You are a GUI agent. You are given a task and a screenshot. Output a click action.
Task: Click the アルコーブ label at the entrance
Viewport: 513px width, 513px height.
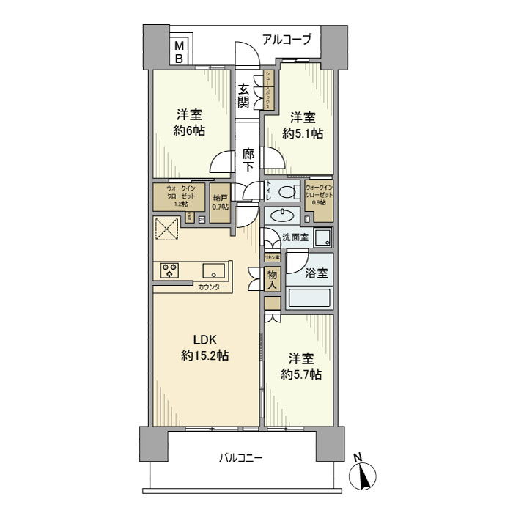(x=287, y=39)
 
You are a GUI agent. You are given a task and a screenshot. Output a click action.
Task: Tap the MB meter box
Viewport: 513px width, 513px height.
(x=179, y=51)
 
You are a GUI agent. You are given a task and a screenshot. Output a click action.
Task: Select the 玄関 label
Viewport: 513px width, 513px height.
(x=243, y=95)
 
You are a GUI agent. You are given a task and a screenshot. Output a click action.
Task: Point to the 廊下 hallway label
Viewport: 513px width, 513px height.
(x=248, y=160)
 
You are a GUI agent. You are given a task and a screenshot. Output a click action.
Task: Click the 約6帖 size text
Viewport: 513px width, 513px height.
(x=189, y=131)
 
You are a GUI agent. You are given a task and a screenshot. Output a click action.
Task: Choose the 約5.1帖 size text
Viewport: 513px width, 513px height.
(x=303, y=133)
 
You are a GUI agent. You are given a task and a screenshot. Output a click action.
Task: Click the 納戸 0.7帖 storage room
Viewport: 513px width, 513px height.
(x=220, y=202)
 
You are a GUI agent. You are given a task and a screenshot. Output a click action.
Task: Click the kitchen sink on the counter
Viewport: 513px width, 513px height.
(x=213, y=269)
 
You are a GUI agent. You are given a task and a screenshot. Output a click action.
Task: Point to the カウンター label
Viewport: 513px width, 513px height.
(x=211, y=287)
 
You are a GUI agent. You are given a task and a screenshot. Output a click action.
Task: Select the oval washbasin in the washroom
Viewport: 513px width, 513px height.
(x=281, y=215)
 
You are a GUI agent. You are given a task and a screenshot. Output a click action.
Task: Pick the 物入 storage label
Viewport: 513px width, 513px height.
(x=272, y=278)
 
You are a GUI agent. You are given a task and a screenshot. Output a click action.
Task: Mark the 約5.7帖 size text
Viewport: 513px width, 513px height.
(x=301, y=374)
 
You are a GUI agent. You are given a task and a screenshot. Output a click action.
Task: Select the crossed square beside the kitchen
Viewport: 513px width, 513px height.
(x=167, y=229)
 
